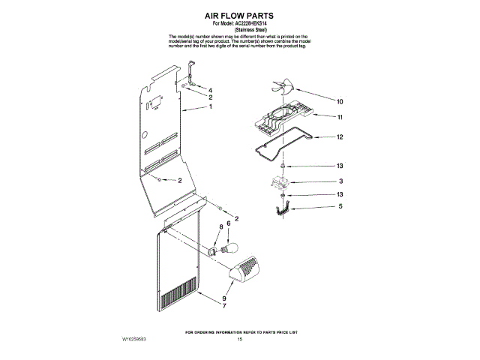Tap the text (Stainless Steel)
(240, 29)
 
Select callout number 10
(339, 101)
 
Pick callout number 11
(339, 118)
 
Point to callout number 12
(339, 137)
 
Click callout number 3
(340, 181)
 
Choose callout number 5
(340, 205)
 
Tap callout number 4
(210, 90)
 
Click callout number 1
(211, 107)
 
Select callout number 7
(223, 305)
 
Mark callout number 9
(223, 297)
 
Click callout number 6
(228, 223)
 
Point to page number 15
(240, 339)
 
